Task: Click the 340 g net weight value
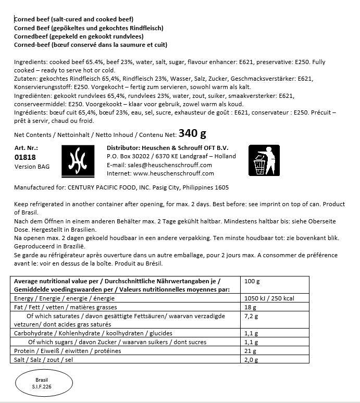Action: click(x=192, y=134)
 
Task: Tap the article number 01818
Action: click(x=26, y=157)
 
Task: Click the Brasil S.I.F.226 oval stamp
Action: click(x=42, y=384)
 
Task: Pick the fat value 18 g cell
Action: click(x=250, y=307)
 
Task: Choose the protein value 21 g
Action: click(x=250, y=351)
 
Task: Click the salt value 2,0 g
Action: click(x=252, y=360)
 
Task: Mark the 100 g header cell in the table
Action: click(x=252, y=281)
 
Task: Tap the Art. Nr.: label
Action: click(x=26, y=148)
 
